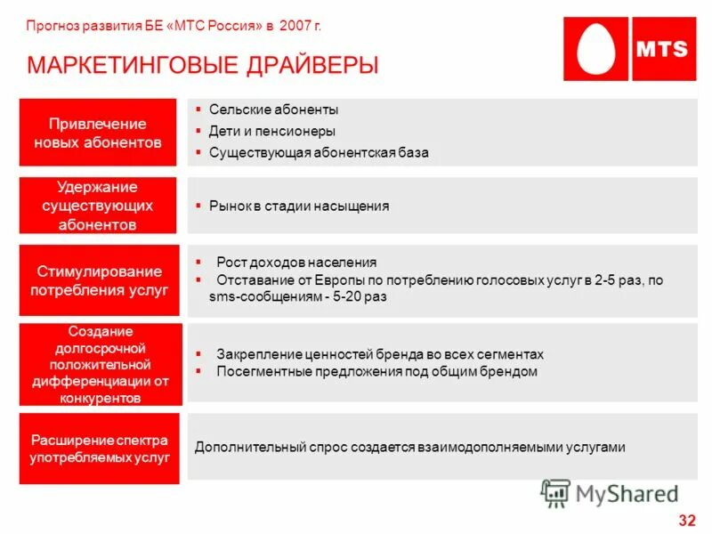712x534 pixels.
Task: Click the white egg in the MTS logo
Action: pos(596,48)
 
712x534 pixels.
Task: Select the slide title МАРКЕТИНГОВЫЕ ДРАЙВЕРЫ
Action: pos(203,65)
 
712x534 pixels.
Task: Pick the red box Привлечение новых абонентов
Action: pos(98,133)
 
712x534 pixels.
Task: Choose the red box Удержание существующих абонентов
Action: pos(98,206)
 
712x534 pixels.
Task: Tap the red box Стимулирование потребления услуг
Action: pos(99,280)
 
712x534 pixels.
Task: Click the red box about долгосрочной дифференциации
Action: pos(100,365)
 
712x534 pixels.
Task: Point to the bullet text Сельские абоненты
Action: pos(273,109)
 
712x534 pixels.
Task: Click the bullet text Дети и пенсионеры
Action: pos(272,131)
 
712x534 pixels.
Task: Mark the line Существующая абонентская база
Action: pos(319,152)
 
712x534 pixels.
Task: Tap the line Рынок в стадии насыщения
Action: pos(299,206)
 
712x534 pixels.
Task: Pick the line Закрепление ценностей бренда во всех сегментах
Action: pos(380,353)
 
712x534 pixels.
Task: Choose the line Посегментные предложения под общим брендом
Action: pos(376,371)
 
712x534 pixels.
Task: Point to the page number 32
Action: pos(686,520)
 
